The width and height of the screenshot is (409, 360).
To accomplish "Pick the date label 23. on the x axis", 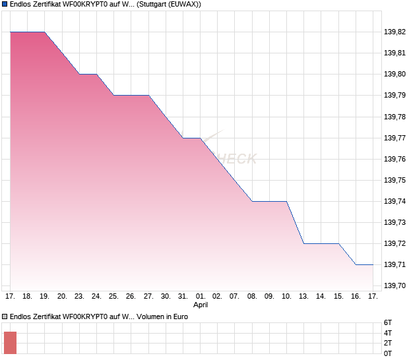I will [79, 296].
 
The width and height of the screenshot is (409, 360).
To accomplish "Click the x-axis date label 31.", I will [183, 296].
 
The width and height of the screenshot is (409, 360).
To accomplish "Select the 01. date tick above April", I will [201, 296].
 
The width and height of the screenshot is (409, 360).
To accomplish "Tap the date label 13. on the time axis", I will [304, 296].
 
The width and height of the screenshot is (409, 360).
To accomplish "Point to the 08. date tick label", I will [253, 296].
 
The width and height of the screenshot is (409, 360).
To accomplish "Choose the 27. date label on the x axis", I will [148, 296].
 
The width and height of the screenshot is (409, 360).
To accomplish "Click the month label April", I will [201, 305].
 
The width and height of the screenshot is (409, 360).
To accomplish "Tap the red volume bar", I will [10, 342].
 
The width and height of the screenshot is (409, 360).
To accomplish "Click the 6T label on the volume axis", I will [388, 322].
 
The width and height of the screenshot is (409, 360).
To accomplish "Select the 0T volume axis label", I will [388, 354].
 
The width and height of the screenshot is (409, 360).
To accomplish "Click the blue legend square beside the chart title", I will [5, 4].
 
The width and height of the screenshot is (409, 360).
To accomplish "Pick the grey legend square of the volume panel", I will [5, 316].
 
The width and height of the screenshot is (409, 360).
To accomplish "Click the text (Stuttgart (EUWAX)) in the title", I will [170, 5].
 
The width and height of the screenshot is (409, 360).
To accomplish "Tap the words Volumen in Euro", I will [162, 317].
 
